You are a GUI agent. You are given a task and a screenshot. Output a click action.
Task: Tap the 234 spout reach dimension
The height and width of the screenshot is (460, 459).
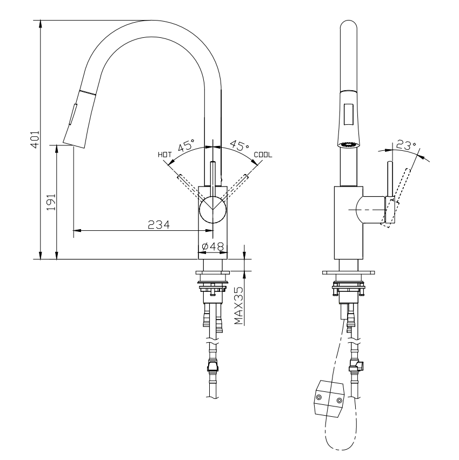tap(159, 225)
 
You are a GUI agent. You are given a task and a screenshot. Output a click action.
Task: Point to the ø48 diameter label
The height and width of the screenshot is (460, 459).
tap(213, 247)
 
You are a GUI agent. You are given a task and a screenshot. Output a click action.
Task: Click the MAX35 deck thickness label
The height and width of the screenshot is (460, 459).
tap(238, 305)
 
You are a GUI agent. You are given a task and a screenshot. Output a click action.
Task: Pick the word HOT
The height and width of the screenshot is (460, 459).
tap(164, 155)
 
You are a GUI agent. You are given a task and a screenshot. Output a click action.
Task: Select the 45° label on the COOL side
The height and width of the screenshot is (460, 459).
tap(239, 146)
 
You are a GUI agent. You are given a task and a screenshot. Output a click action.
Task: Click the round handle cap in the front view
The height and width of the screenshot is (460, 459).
tap(212, 210)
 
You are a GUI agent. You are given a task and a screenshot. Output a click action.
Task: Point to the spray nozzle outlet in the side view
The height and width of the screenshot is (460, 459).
tap(349, 144)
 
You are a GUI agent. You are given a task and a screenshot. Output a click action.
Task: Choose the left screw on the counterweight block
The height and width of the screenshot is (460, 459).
tap(319, 398)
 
